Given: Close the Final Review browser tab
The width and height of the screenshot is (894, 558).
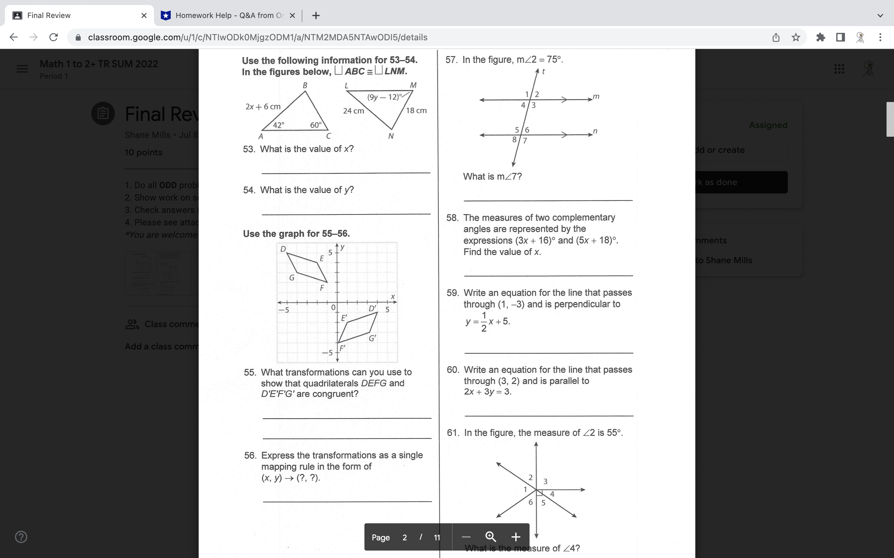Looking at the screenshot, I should coord(144,15).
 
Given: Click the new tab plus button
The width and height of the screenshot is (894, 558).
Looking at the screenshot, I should coord(316,15).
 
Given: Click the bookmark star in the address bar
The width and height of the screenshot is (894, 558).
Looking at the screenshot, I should coord(796,37).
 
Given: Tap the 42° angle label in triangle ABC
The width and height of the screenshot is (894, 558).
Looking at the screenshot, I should coord(278,125).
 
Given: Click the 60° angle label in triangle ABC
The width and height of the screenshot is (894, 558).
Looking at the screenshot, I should coord(316,125).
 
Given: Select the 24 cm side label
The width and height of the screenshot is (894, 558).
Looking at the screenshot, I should coord(354,111).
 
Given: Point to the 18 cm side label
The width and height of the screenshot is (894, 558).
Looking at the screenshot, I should coord(416,110).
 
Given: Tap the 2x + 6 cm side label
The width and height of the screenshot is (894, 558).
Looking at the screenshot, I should coord(263,107).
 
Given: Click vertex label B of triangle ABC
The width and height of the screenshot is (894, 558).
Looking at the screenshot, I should coord(305,85).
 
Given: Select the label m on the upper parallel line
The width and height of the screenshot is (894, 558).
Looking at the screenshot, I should coord(596,96).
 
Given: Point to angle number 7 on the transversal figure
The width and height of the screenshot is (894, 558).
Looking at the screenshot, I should coord(525,141).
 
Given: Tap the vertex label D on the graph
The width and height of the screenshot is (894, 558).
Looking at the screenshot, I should coord(283,249).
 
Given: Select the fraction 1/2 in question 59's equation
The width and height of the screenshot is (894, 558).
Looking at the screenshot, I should coord(484,322).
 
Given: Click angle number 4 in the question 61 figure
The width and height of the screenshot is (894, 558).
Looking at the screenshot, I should coord(552,494).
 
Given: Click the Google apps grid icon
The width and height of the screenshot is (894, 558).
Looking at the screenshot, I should coord(839,69).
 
